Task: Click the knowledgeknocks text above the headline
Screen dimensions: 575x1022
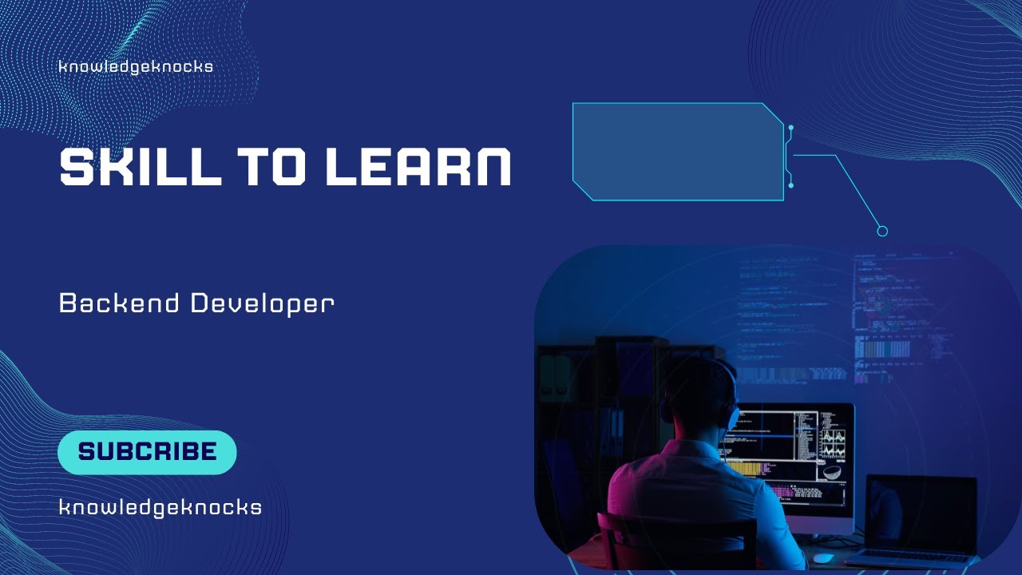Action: [x=136, y=66]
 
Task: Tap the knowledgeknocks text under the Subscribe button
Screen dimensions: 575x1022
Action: [x=160, y=506]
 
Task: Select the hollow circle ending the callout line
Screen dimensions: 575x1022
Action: [x=882, y=232]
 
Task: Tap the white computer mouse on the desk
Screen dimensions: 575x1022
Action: [x=823, y=557]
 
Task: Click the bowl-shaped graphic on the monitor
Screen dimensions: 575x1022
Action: [x=833, y=472]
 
